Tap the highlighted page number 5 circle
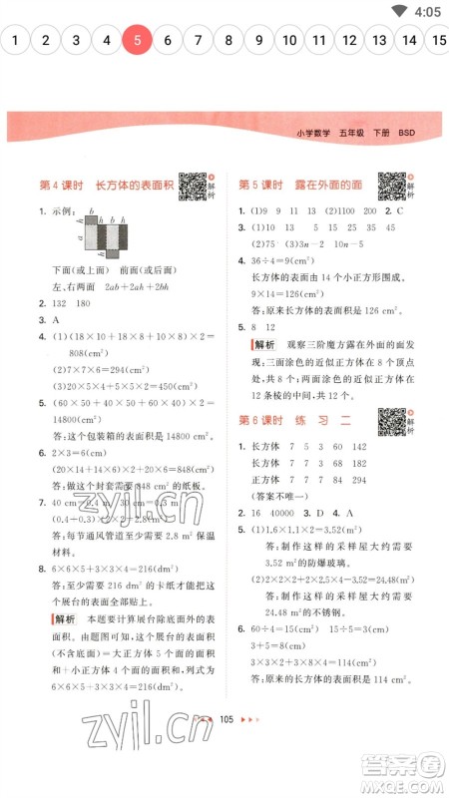[137, 41]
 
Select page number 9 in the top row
[258, 41]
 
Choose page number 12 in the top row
[348, 41]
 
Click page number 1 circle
[15, 41]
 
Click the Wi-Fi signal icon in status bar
[399, 12]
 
